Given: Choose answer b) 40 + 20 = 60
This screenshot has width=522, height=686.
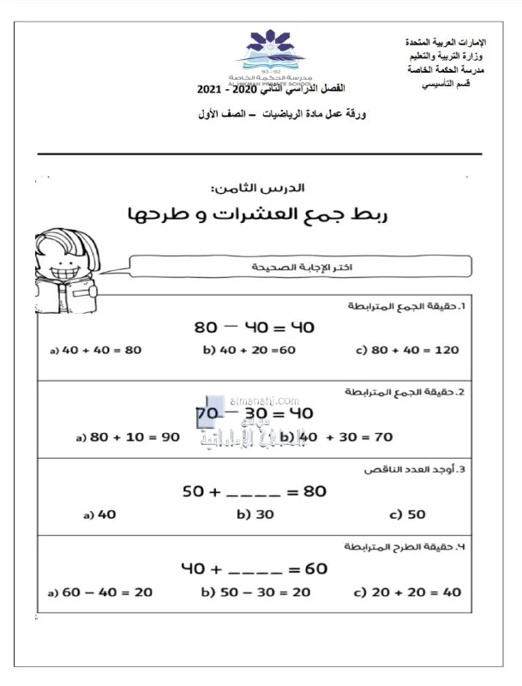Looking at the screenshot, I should tap(249, 350).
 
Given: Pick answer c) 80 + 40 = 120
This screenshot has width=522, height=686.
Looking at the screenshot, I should tap(406, 350).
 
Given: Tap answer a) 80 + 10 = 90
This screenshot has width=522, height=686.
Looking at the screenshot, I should tap(128, 436).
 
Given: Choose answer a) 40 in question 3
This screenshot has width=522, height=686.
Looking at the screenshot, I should tap(100, 515).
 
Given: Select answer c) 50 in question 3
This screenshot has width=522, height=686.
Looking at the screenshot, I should tap(408, 515).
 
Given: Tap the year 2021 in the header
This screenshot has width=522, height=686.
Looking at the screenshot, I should tap(208, 89).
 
